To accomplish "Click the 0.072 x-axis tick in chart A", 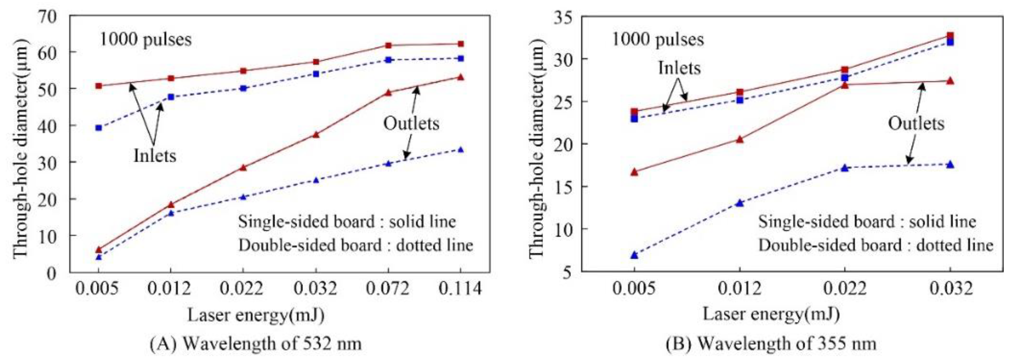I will click(x=388, y=289).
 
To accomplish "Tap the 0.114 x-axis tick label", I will click(x=460, y=289).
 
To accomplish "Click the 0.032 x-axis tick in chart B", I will click(x=951, y=289).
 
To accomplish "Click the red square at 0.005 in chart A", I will click(x=99, y=86).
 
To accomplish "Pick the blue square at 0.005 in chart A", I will click(x=99, y=128).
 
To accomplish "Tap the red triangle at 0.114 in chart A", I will click(x=460, y=77).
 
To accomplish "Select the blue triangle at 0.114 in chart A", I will click(x=460, y=150).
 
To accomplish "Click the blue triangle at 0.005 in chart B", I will click(x=634, y=255).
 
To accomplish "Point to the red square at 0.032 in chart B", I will click(x=950, y=36).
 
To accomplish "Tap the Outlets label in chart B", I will click(x=916, y=124).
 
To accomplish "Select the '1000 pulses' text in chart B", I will click(x=658, y=40).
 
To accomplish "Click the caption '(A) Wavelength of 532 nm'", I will click(x=256, y=343).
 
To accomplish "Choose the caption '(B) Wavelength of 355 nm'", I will click(x=771, y=343).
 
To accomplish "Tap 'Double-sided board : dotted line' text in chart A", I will click(x=355, y=246).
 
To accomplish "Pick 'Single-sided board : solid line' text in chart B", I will click(x=867, y=222).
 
